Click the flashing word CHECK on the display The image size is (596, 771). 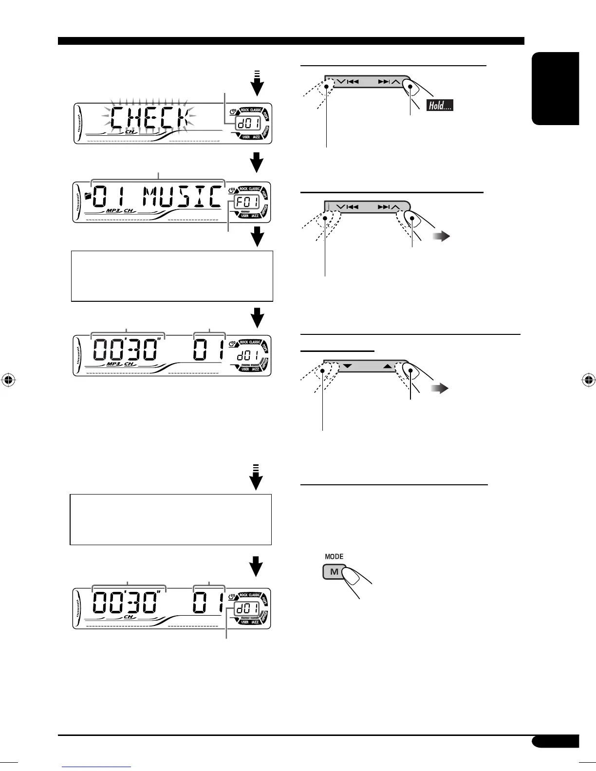(149, 118)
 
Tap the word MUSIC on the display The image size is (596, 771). (182, 198)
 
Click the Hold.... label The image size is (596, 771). (440, 105)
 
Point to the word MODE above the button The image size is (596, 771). (334, 556)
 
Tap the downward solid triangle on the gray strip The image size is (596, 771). (347, 365)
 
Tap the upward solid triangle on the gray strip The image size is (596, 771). (388, 365)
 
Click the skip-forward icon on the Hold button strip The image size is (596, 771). (384, 82)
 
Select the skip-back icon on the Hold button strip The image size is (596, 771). (353, 82)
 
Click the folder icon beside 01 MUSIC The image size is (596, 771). (88, 196)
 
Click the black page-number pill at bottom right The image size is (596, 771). (555, 741)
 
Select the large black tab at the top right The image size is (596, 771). (556, 89)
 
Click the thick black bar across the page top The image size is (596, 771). (291, 41)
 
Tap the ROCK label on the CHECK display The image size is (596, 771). (244, 110)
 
